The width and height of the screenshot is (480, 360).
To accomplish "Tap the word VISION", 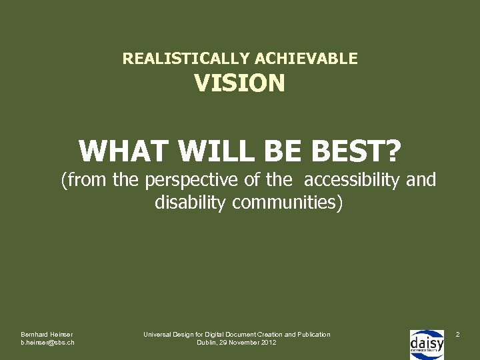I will [239, 83].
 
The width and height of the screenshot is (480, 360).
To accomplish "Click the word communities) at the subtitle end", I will [287, 202].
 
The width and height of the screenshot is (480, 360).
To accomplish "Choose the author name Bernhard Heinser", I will [47, 334].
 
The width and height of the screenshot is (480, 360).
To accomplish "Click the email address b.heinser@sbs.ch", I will [47, 343].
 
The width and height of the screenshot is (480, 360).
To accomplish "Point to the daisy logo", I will [427, 343].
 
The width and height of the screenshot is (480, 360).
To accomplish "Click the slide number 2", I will [457, 333].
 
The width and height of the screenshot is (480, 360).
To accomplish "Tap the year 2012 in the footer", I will [269, 343].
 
